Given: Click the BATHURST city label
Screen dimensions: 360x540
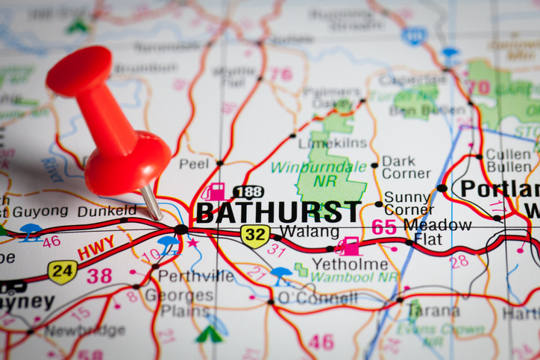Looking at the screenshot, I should point(277,212).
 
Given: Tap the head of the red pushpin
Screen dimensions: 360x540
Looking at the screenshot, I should point(78,71).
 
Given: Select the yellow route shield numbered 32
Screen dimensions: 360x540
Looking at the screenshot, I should point(255,236).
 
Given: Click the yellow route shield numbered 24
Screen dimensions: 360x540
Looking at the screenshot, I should point(62,271).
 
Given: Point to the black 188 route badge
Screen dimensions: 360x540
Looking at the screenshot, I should point(248,192).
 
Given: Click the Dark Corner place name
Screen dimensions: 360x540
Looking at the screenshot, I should point(406,167).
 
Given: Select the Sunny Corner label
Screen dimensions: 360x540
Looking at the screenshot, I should point(407,203).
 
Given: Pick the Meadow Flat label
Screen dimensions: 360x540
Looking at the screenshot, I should point(437,232).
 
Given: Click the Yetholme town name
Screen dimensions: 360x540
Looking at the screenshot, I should point(350,264).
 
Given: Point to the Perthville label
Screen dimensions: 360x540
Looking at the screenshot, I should point(195,276).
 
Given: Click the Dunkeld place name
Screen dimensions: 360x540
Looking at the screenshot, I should point(107,210).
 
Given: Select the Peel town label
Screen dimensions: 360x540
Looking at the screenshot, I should point(193,163).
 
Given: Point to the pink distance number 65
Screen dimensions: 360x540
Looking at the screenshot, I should point(384,227).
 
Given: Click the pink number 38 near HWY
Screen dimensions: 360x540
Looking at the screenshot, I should point(99,275).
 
